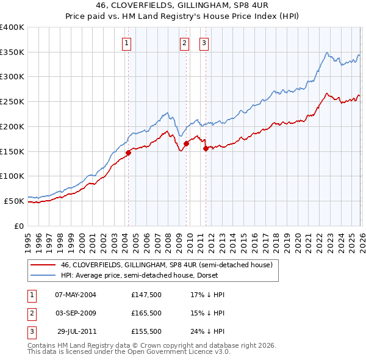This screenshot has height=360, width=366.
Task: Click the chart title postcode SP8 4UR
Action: [246, 5]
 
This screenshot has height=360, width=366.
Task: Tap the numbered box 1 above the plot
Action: [126, 43]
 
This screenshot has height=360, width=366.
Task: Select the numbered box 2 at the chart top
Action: [184, 43]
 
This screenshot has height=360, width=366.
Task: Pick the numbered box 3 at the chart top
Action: [204, 43]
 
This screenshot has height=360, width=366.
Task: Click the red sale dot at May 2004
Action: [128, 153]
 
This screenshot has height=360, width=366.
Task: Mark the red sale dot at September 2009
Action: [186, 144]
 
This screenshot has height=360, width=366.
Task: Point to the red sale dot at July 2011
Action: [206, 148]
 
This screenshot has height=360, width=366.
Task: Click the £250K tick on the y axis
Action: [12, 101]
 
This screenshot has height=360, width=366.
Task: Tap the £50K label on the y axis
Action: [14, 201]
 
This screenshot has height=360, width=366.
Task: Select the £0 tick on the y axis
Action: [18, 226]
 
